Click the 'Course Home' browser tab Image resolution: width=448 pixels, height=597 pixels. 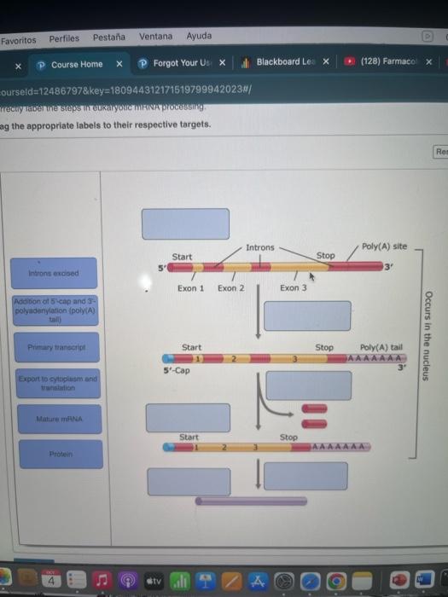76,64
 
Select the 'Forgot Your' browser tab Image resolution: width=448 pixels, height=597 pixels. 183,64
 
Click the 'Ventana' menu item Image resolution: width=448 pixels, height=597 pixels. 155,37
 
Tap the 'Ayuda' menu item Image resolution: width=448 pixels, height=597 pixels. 199,37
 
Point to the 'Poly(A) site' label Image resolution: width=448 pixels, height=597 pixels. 384,246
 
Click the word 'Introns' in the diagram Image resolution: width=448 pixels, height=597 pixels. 259,248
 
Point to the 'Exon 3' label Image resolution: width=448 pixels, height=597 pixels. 293,288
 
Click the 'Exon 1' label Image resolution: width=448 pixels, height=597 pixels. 190,288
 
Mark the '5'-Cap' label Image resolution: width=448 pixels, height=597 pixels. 177,370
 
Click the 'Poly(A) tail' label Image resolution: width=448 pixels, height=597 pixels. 381,348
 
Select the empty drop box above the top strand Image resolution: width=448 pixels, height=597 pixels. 185,222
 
